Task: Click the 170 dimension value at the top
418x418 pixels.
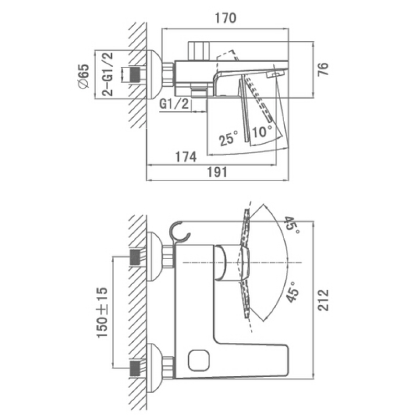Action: (x=225, y=18)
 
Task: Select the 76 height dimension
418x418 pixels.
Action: (x=323, y=69)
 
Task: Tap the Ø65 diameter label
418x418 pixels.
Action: (x=83, y=76)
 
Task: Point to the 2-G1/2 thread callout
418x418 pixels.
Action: (x=108, y=74)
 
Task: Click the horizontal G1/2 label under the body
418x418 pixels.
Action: (x=174, y=103)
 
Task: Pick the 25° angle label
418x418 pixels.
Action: (x=228, y=138)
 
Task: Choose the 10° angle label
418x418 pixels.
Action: (x=262, y=131)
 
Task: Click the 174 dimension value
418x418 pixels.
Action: (x=186, y=156)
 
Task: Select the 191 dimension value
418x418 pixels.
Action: (x=217, y=172)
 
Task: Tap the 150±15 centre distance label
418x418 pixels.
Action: (x=102, y=312)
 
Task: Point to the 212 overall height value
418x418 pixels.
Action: (x=323, y=300)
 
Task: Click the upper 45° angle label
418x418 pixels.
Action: (x=292, y=225)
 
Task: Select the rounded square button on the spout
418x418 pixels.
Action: (x=199, y=361)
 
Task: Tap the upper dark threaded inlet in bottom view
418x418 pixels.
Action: (x=135, y=257)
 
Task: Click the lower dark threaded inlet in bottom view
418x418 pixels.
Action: (x=135, y=368)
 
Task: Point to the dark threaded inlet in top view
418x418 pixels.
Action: (x=135, y=74)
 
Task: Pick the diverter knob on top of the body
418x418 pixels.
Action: (x=198, y=51)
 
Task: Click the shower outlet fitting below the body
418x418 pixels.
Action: (x=199, y=90)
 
